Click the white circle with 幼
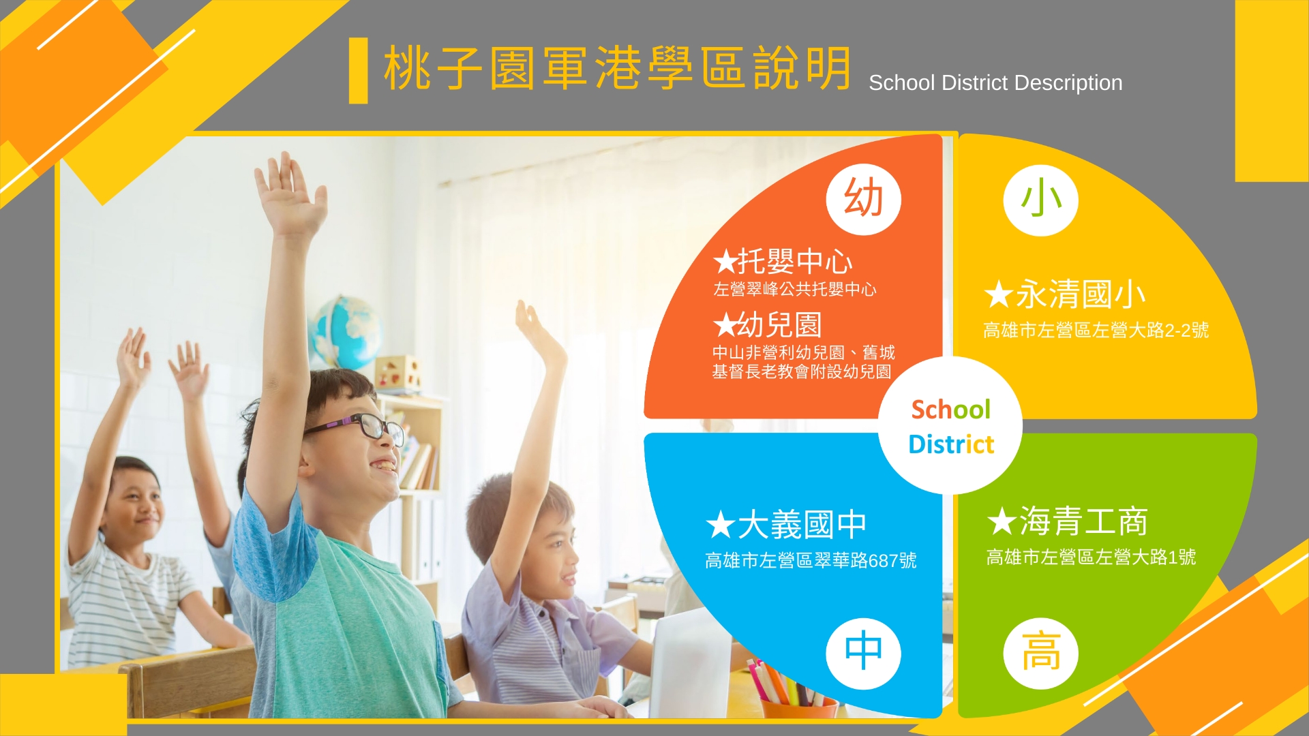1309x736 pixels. (x=863, y=199)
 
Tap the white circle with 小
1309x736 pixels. (x=1040, y=200)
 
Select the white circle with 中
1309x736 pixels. (x=863, y=653)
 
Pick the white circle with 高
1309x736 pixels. (x=1040, y=653)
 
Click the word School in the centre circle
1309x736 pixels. (x=950, y=410)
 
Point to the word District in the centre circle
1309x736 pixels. (x=951, y=444)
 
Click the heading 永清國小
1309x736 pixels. (x=1081, y=294)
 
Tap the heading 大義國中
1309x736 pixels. (x=802, y=525)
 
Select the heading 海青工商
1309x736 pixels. (x=1083, y=521)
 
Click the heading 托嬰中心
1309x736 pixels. (x=795, y=261)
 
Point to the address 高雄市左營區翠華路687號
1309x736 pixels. (x=811, y=560)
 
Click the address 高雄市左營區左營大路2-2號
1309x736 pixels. (x=1096, y=331)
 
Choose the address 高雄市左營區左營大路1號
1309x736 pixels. (x=1091, y=557)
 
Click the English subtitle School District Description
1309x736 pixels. (x=995, y=83)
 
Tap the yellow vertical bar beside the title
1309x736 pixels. (x=358, y=70)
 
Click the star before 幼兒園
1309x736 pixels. (x=725, y=325)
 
